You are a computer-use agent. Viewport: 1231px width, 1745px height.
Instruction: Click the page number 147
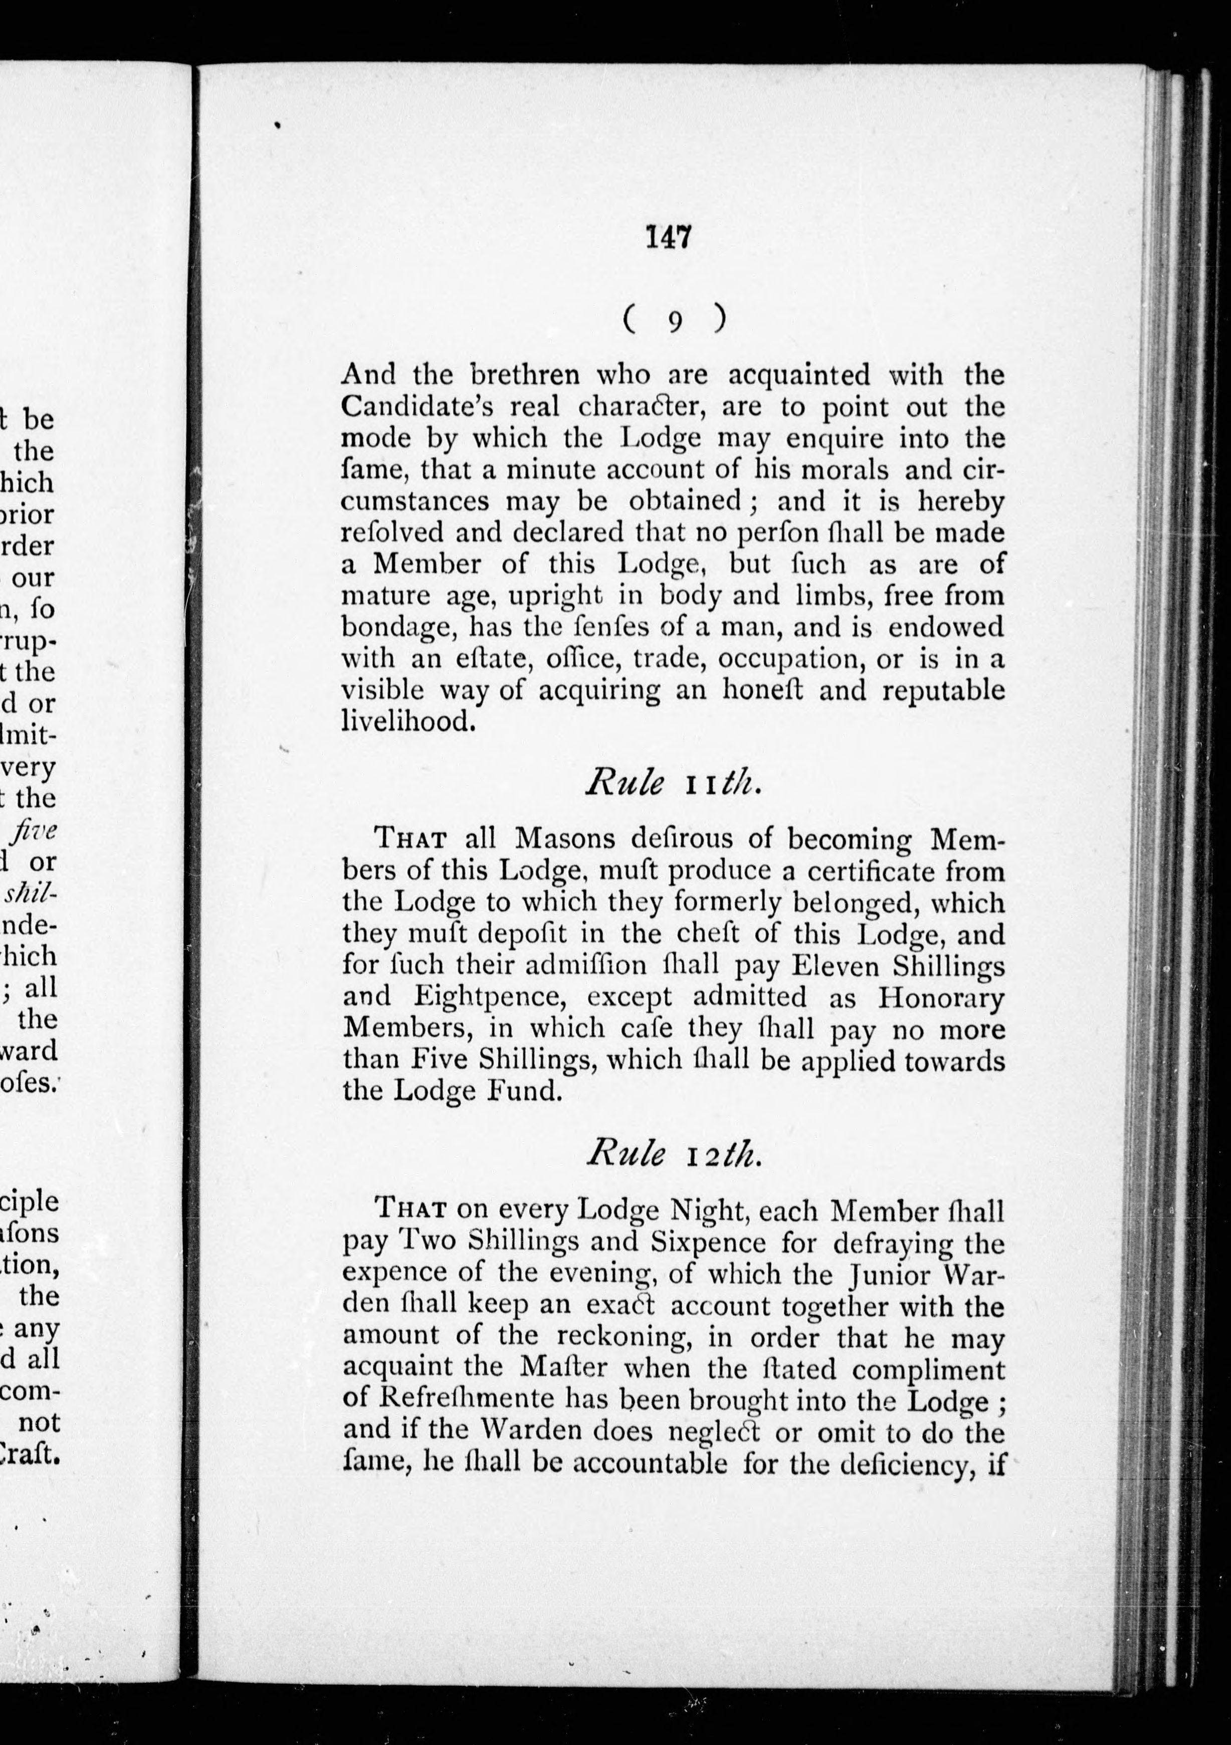[x=668, y=238]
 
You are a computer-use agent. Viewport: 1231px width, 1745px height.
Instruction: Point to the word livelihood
[x=409, y=721]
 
